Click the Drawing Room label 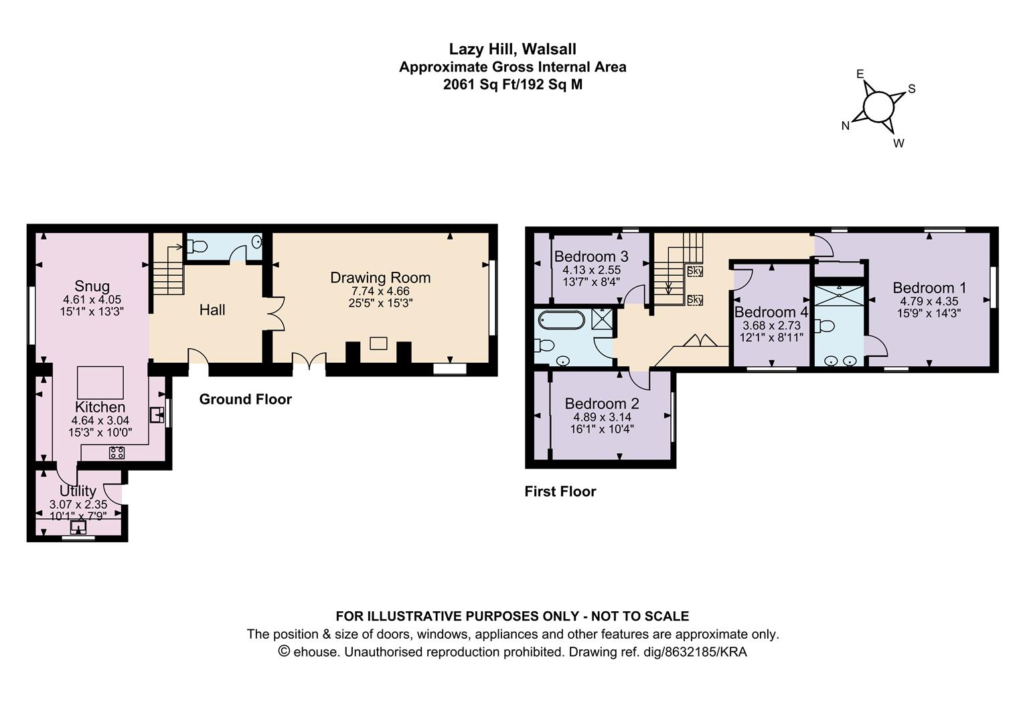click(x=380, y=278)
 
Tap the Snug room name click(x=92, y=287)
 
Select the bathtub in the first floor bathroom click(x=561, y=320)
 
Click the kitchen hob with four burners click(x=116, y=453)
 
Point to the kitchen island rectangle click(x=100, y=382)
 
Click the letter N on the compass click(x=846, y=126)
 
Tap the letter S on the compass click(x=912, y=89)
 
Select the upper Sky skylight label click(x=695, y=271)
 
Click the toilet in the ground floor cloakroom click(x=197, y=247)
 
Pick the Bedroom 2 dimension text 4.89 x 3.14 click(x=602, y=417)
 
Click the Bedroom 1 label click(x=929, y=288)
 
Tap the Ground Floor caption click(x=246, y=399)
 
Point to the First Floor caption click(x=560, y=491)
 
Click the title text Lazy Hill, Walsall click(x=512, y=49)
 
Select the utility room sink click(x=78, y=528)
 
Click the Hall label click(x=212, y=310)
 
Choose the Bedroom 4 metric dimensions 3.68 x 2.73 click(x=771, y=326)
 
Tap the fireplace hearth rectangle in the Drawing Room click(x=378, y=343)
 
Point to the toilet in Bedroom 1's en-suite click(x=825, y=326)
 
